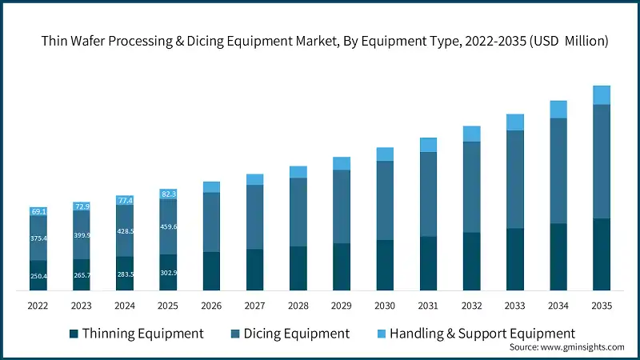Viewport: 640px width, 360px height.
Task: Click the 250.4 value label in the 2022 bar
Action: (x=39, y=276)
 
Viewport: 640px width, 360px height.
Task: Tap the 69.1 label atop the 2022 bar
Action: (x=39, y=212)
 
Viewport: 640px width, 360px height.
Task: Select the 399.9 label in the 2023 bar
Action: (x=82, y=235)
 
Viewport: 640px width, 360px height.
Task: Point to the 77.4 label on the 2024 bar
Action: (x=125, y=200)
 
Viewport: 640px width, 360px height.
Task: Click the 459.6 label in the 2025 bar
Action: (x=168, y=226)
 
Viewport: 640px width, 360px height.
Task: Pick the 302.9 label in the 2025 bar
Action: (x=168, y=273)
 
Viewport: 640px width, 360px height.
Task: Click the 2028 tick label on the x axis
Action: (x=298, y=305)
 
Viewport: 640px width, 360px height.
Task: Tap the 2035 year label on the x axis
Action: (x=601, y=305)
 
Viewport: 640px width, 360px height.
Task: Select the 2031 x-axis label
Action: (x=428, y=305)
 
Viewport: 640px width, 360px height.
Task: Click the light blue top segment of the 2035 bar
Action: (x=601, y=95)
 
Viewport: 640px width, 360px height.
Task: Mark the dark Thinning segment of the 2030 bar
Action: (x=385, y=265)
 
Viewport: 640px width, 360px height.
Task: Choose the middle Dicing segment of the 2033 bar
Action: (x=514, y=179)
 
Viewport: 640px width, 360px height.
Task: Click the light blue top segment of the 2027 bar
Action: (x=254, y=179)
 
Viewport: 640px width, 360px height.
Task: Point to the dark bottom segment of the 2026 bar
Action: (x=211, y=270)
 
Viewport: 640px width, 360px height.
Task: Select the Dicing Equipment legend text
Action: (x=295, y=333)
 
